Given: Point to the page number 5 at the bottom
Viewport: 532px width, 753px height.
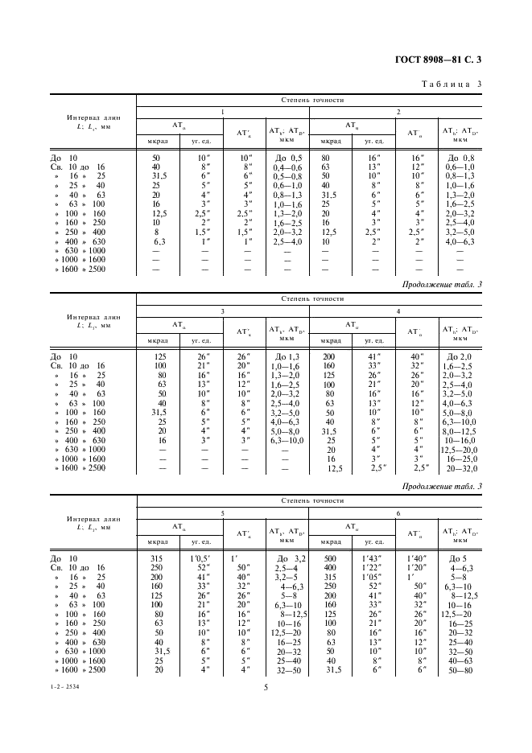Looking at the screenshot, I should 266,687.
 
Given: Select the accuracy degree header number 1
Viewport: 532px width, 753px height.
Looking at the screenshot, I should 223,112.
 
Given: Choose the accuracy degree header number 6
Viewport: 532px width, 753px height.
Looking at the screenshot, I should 398,512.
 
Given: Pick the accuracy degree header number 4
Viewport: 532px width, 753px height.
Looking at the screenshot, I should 398,311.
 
